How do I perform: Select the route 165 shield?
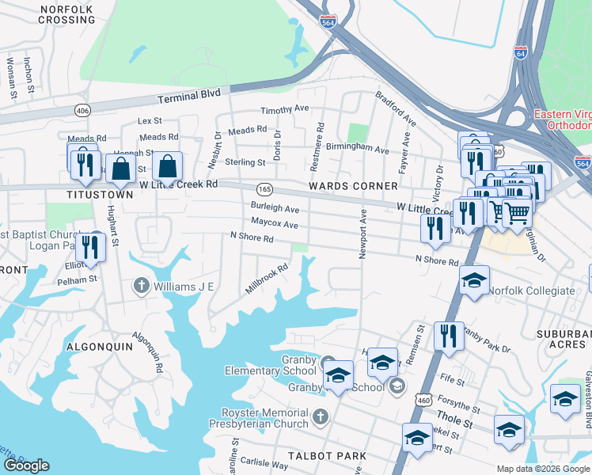click(x=264, y=190)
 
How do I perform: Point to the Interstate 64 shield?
click(x=520, y=52)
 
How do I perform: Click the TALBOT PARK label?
click(x=336, y=456)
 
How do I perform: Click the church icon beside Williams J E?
click(x=142, y=286)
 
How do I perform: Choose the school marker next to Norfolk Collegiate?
click(x=474, y=280)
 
